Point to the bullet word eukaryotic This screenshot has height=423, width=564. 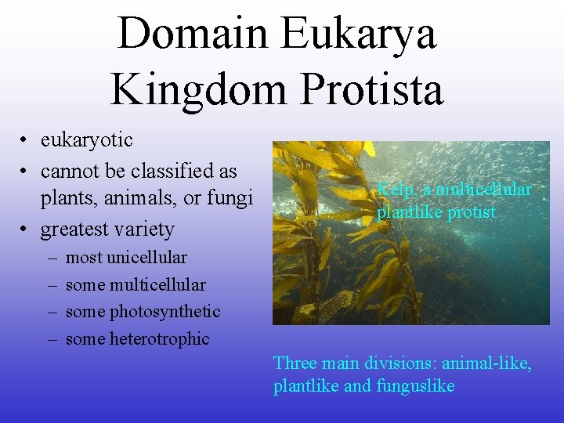click(87, 140)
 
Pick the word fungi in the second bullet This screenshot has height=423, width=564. click(231, 199)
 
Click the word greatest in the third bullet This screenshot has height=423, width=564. click(76, 230)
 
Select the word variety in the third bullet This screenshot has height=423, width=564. click(146, 230)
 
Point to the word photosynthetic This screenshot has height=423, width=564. click(164, 312)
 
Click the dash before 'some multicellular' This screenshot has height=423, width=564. click(51, 285)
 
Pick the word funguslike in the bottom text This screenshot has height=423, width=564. click(417, 387)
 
